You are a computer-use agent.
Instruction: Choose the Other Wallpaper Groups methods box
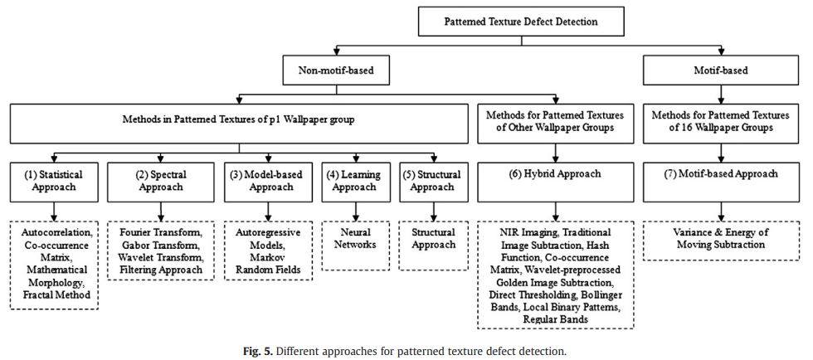tap(555, 120)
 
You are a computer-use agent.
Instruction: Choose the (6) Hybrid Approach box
tap(555, 175)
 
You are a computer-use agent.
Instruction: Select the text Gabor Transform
tap(160, 246)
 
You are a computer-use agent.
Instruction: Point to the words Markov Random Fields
tap(267, 264)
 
